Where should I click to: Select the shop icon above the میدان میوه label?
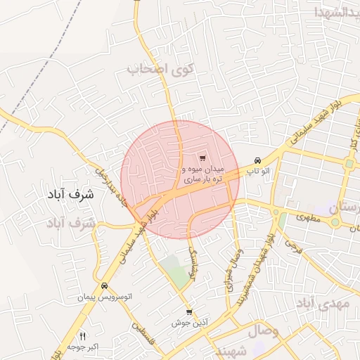pyautogui.click(x=202, y=158)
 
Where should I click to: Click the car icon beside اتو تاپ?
pyautogui.click(x=258, y=160)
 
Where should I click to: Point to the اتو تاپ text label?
pyautogui.click(x=262, y=171)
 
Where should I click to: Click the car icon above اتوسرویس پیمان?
pyautogui.click(x=104, y=286)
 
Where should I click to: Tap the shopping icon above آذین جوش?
pyautogui.click(x=188, y=312)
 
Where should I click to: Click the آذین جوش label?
pyautogui.click(x=188, y=323)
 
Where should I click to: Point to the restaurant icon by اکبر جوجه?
pyautogui.click(x=83, y=336)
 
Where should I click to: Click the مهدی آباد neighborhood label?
pyautogui.click(x=321, y=304)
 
